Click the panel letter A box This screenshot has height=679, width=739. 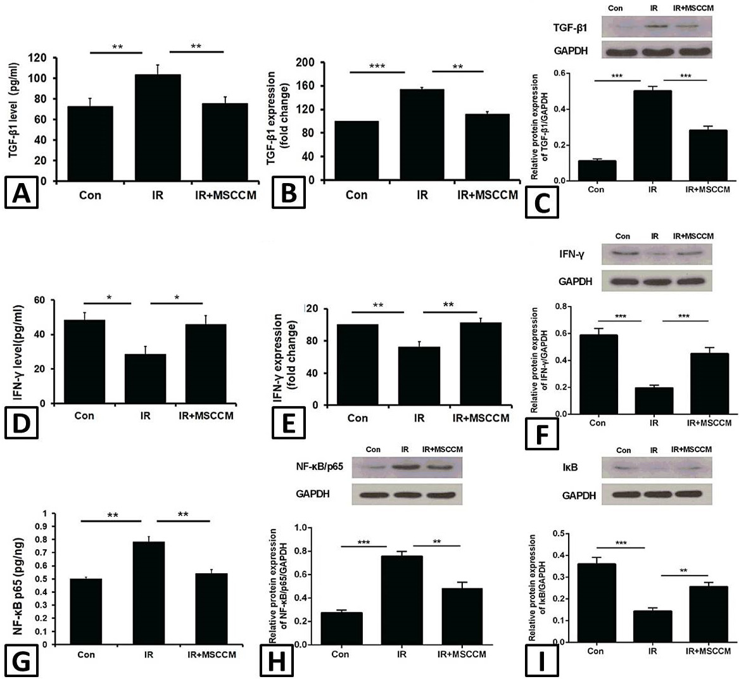click(21, 192)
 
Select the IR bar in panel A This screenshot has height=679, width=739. click(158, 127)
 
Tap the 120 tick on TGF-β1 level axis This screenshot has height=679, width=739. click(38, 58)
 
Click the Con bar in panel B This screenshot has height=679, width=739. click(357, 150)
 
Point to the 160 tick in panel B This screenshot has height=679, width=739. click(305, 86)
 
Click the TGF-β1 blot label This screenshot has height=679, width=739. click(570, 28)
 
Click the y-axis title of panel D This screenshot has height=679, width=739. click(18, 353)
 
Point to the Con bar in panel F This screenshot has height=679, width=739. click(598, 374)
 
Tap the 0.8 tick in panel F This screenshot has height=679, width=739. click(560, 307)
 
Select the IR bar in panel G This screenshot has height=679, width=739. click(149, 593)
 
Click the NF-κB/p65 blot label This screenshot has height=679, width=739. click(320, 467)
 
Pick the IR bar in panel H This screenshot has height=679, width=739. click(401, 600)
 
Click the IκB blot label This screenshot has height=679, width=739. click(571, 467)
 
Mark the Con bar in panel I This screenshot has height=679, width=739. click(596, 602)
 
